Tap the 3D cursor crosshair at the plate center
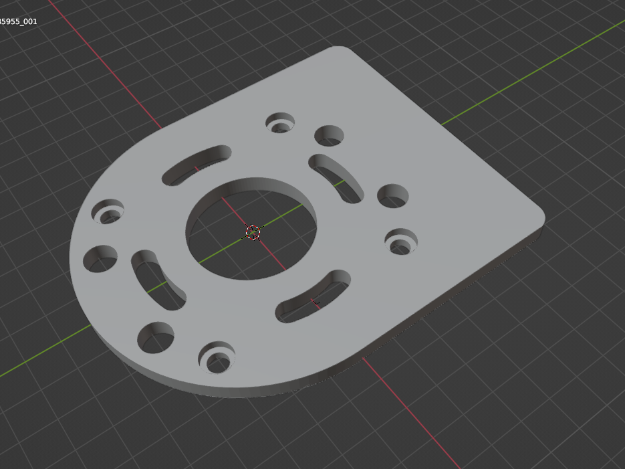pyautogui.click(x=253, y=232)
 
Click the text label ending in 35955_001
pyautogui.click(x=19, y=21)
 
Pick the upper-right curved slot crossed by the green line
pyautogui.click(x=337, y=177)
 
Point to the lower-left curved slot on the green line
pyautogui.click(x=158, y=280)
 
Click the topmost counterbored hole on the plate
pyautogui.click(x=280, y=124)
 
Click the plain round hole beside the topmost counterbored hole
pyautogui.click(x=329, y=136)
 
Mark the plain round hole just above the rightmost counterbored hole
pyautogui.click(x=393, y=196)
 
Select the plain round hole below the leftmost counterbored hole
pyautogui.click(x=100, y=259)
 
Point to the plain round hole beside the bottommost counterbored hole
pyautogui.click(x=156, y=337)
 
